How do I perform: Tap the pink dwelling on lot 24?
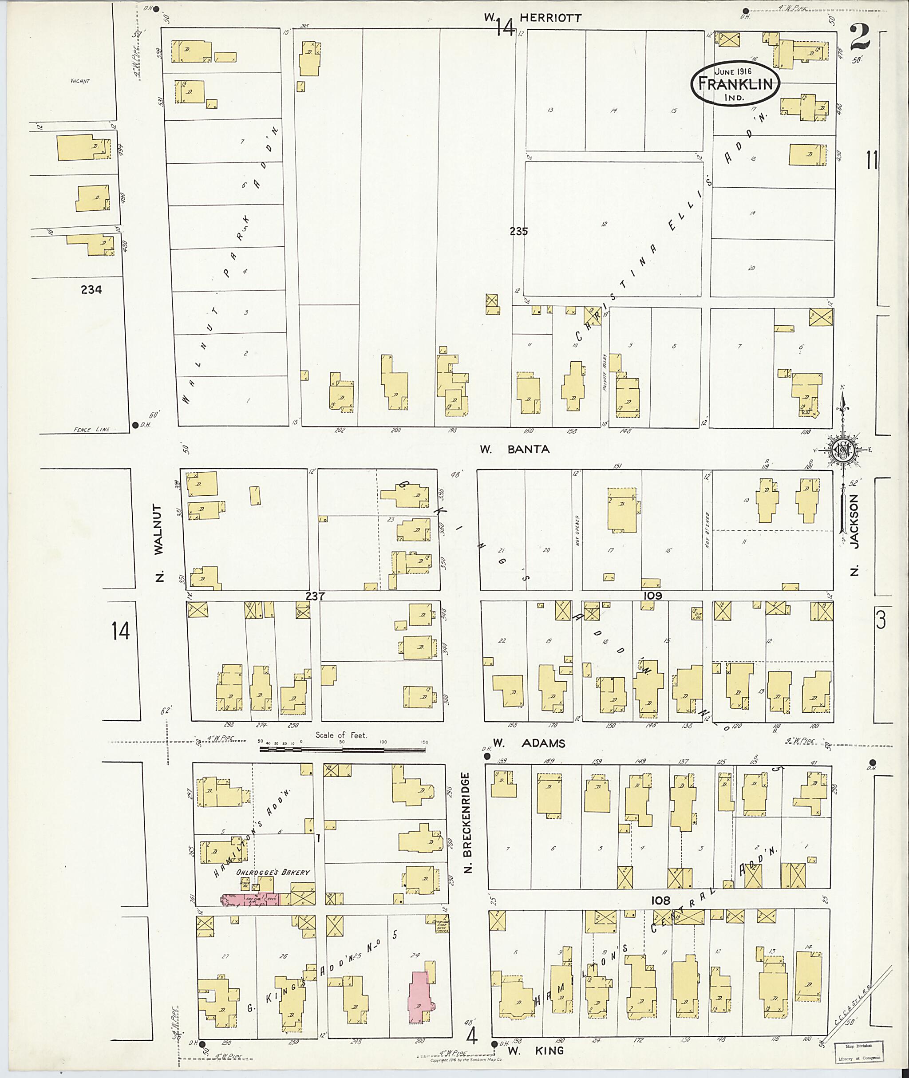pos(421,997)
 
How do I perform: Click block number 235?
pos(518,231)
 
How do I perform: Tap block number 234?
pos(91,290)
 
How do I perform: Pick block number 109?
pos(652,596)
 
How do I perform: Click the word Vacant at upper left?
pos(81,81)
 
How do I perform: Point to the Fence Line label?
pos(92,429)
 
